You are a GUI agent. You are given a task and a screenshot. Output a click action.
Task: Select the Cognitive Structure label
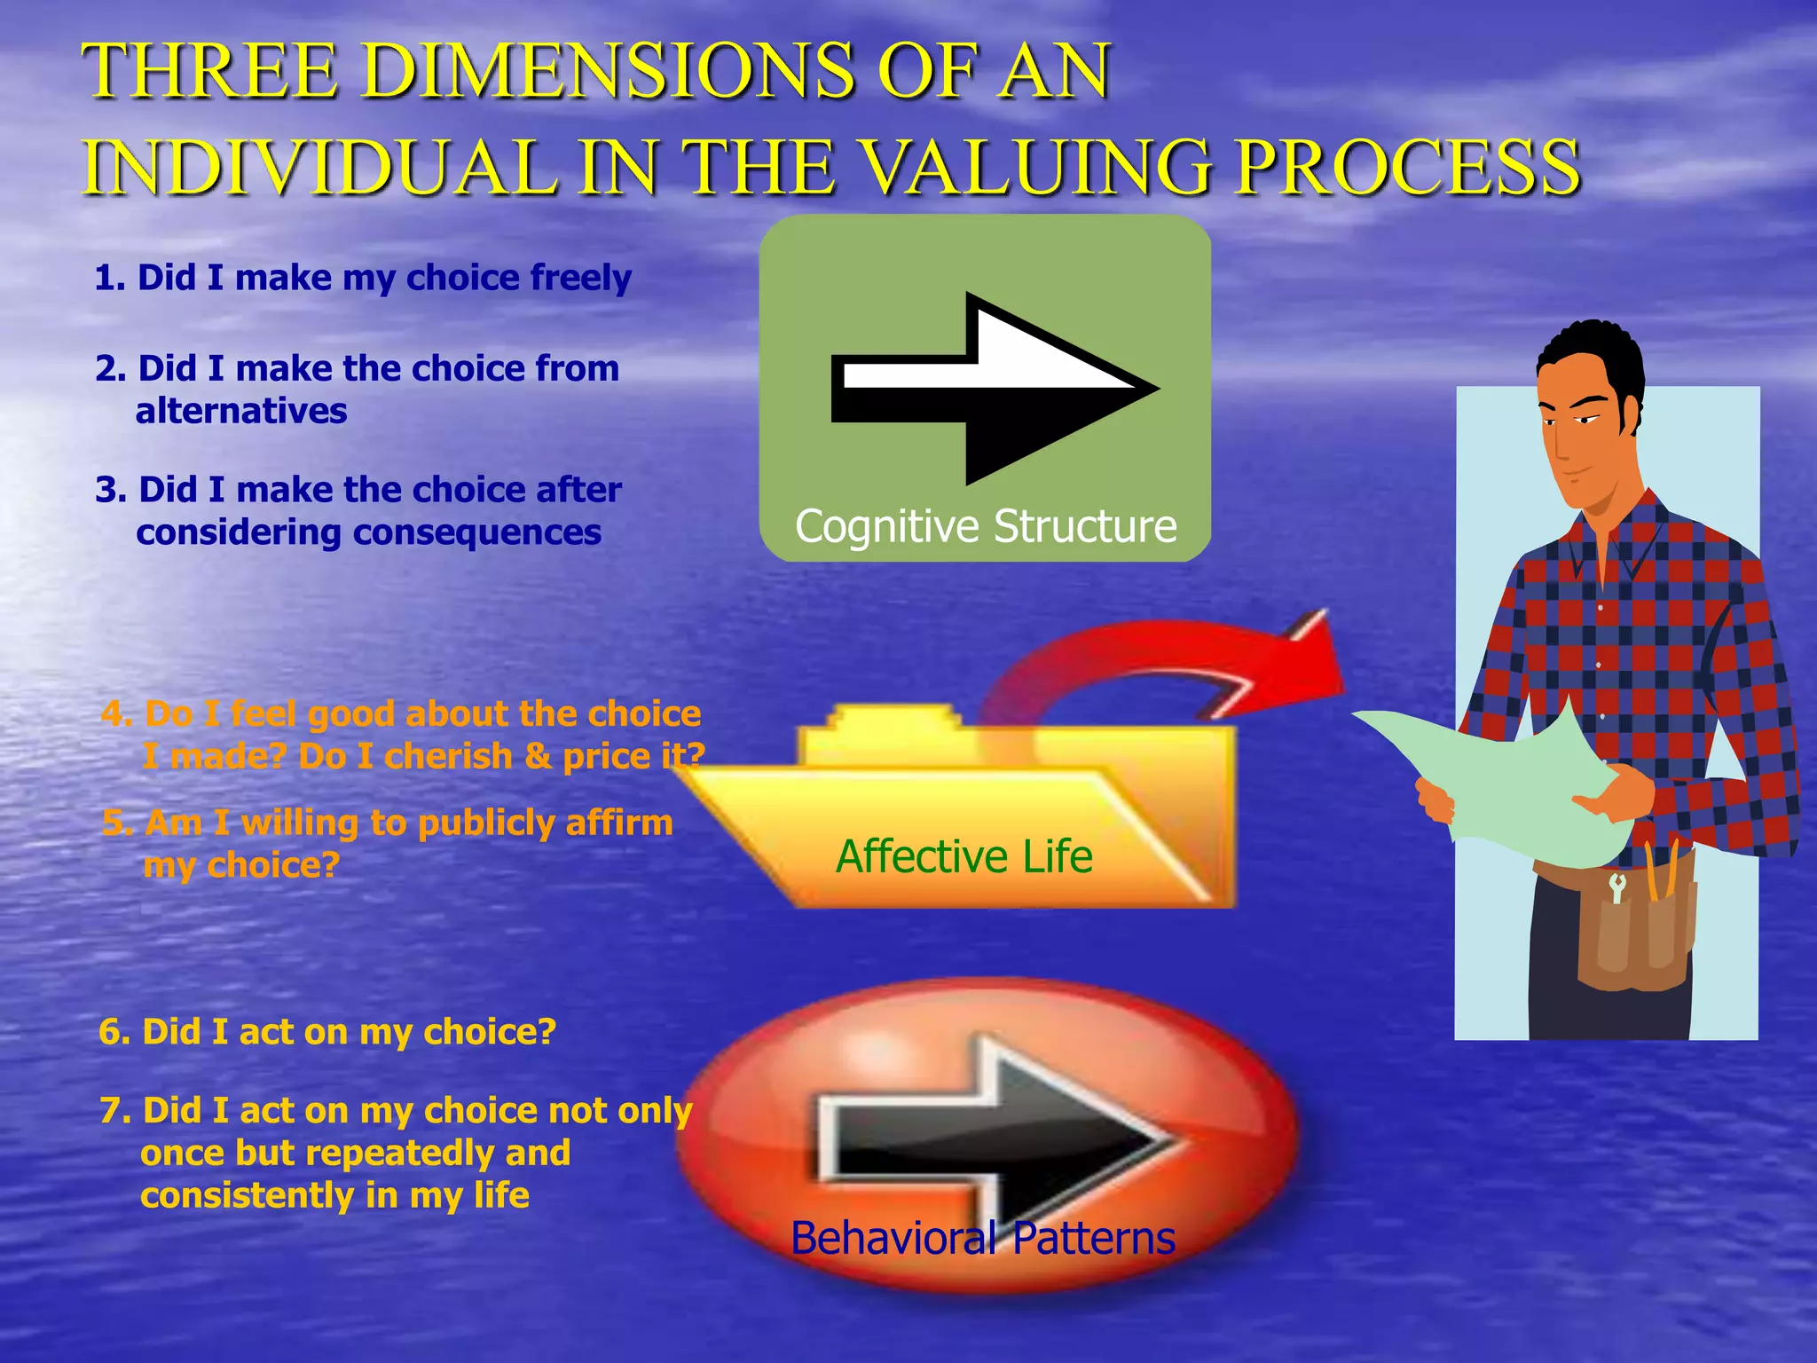pyautogui.click(x=986, y=526)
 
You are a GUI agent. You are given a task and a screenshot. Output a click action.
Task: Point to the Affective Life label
pyautogui.click(x=964, y=856)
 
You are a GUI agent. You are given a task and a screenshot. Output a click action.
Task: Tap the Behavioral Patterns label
pyautogui.click(x=983, y=1238)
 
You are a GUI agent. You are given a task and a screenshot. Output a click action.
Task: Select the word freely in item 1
pyautogui.click(x=580, y=279)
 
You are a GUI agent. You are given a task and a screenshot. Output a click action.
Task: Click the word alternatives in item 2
pyautogui.click(x=241, y=411)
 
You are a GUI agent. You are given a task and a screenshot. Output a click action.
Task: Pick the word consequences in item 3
pyautogui.click(x=477, y=532)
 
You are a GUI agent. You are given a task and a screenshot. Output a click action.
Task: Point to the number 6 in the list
pyautogui.click(x=109, y=1032)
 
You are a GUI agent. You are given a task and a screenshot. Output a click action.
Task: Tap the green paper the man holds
pyautogui.click(x=1508, y=781)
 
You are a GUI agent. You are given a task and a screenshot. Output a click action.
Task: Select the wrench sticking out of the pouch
pyautogui.click(x=1616, y=886)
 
